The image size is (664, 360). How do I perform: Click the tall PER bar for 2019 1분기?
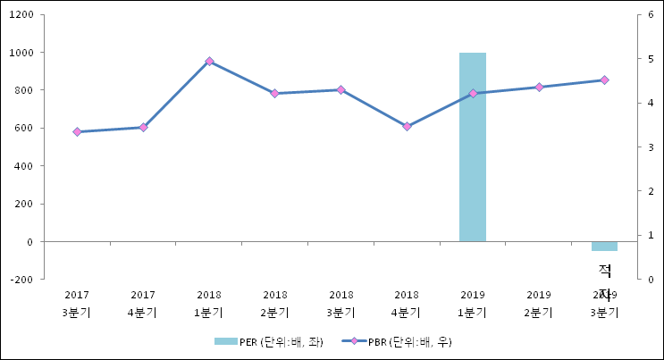tap(473, 147)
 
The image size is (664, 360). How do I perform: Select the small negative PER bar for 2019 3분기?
tap(604, 246)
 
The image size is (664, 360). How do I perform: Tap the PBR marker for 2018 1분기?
tap(209, 62)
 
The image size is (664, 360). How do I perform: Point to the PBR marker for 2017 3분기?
tap(77, 132)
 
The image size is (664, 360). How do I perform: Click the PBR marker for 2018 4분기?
tap(407, 127)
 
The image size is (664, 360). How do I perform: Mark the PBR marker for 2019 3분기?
tap(604, 80)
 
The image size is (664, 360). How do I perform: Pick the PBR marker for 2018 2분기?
tap(275, 93)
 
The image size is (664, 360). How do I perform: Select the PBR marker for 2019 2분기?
tap(539, 87)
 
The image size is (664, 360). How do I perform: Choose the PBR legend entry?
tap(401, 341)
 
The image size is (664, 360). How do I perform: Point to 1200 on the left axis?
tap(22, 15)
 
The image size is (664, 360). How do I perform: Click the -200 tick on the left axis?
tap(22, 280)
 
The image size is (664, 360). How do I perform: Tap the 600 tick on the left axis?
tap(25, 129)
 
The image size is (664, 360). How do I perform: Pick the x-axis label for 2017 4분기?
tap(143, 303)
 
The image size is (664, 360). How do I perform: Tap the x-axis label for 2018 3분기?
tap(341, 303)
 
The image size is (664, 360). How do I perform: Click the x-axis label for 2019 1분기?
tap(473, 303)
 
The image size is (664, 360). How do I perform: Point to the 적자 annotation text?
tap(605, 281)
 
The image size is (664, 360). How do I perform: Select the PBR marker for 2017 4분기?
tap(143, 128)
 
